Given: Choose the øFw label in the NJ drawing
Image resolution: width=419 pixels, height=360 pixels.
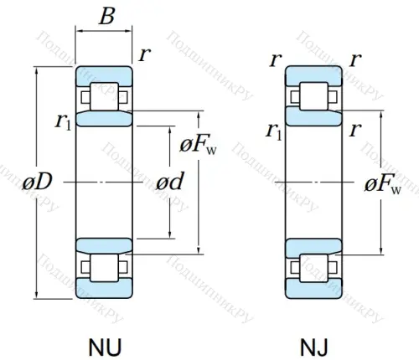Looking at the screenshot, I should (383, 183).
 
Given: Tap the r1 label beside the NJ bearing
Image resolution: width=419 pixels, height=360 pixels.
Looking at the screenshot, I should (272, 130).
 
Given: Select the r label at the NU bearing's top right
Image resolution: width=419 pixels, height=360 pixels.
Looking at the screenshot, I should (146, 56).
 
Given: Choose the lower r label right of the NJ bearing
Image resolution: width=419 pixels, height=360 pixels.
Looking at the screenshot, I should (355, 129).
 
